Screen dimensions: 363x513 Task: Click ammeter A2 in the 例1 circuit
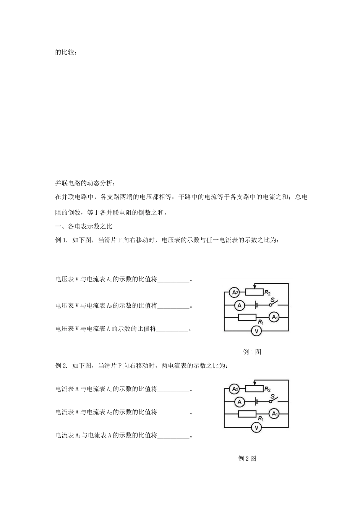pos(234,292)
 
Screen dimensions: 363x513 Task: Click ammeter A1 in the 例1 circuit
pos(274,318)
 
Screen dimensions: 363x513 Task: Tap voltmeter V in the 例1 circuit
pos(256,331)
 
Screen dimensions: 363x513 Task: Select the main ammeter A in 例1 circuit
pos(240,305)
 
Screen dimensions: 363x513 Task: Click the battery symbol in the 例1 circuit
pos(256,305)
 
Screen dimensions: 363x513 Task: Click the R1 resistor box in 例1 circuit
pos(247,318)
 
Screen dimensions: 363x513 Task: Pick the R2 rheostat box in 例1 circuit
pos(254,292)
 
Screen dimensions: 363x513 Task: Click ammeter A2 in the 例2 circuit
pos(234,389)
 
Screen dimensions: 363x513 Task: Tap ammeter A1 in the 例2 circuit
pos(274,414)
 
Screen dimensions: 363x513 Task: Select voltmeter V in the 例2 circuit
pos(256,427)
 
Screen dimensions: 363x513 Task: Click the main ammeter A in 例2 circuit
pos(240,402)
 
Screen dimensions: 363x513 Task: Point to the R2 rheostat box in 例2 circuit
pos(254,389)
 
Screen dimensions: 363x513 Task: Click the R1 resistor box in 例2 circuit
pos(247,414)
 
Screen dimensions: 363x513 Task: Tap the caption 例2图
pos(247,458)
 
